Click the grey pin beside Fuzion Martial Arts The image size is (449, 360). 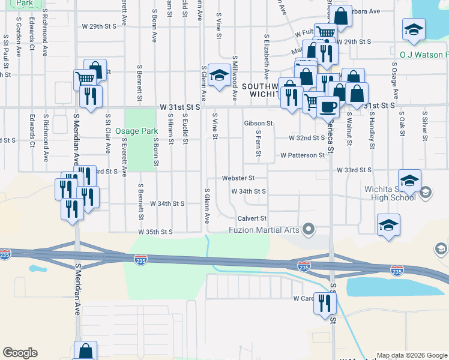point(309,229)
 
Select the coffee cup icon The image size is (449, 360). point(327,107)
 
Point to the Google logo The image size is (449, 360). point(20,353)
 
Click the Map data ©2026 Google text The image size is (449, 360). point(412,355)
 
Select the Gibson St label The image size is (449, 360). point(258,124)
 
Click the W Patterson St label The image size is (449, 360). point(303,155)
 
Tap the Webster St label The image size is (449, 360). point(238,178)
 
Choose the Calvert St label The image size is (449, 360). point(252,218)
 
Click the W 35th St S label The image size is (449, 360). point(155,232)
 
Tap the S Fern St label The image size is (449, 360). point(258,146)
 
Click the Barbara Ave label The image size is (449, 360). point(366,11)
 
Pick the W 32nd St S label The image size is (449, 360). point(307,137)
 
